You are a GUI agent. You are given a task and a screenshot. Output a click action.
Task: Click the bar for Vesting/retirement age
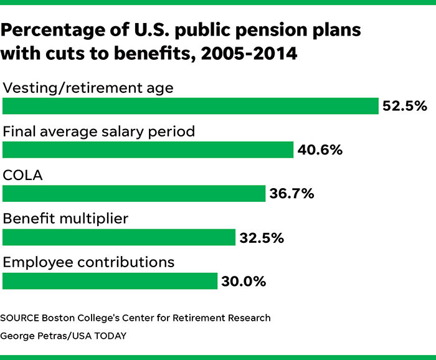tap(191, 106)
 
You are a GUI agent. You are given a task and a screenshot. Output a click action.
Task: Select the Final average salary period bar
tap(148, 149)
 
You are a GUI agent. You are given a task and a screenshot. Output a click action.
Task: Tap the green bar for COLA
tap(134, 193)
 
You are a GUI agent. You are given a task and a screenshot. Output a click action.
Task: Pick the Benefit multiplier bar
tap(119, 237)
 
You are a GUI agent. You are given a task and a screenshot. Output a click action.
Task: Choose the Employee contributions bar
tap(110, 281)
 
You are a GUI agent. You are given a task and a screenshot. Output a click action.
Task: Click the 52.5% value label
tap(404, 107)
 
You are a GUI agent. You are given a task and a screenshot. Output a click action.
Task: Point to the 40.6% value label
tap(320, 150)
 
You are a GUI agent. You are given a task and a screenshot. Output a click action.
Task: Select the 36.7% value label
tap(291, 194)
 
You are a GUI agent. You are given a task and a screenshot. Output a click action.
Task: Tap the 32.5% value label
tap(262, 238)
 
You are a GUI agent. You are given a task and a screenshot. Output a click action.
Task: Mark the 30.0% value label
tap(244, 282)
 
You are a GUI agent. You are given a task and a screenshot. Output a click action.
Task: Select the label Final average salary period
tap(99, 131)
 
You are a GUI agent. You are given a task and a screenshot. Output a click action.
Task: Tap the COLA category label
tap(23, 176)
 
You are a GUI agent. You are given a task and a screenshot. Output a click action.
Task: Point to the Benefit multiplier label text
tap(66, 219)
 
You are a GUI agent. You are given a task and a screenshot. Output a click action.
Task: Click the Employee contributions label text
tap(88, 262)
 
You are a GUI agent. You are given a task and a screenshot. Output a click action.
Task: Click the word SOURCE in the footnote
tap(21, 318)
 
